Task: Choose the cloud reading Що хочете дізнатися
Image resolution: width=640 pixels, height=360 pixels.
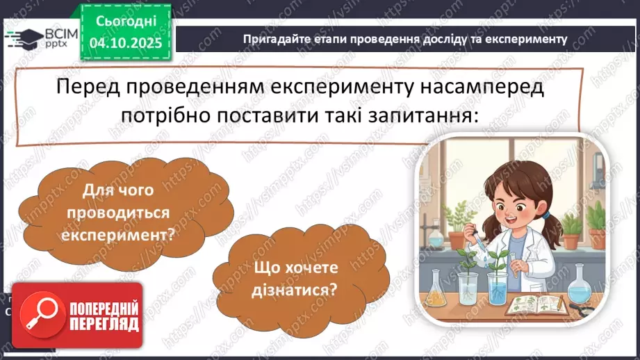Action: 295,278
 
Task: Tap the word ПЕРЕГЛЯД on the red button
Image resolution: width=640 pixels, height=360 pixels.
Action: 103,324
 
